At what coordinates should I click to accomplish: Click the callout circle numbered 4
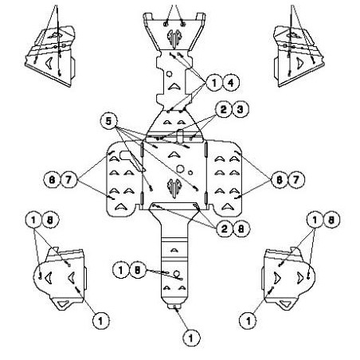pos(231,83)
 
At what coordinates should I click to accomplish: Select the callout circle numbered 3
pos(240,109)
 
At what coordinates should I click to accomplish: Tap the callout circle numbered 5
pos(108,121)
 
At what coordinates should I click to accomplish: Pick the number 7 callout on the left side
pos(69,180)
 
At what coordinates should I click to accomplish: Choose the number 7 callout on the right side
pos(295,180)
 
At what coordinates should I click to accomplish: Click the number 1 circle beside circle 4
pos(214,83)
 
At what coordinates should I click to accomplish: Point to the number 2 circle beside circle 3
pos(224,109)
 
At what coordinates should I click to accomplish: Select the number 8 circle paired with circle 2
pos(241,229)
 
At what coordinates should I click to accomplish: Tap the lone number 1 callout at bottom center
pos(191,338)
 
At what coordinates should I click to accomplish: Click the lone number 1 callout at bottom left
pos(100,321)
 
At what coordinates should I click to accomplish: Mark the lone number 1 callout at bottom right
pos(248,321)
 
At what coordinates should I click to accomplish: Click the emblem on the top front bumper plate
pos(174,39)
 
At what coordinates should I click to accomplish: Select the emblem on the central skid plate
pos(174,188)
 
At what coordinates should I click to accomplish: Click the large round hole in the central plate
pos(181,168)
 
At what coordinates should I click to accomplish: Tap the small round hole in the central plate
pos(190,173)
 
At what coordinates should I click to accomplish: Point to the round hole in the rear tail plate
pos(177,274)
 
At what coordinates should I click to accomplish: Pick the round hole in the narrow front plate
pos(169,74)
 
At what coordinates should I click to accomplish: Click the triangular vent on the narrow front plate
pos(174,86)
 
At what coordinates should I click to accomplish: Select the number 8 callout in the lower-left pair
pos(50,220)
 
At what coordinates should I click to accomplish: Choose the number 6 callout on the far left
pos(53,180)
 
